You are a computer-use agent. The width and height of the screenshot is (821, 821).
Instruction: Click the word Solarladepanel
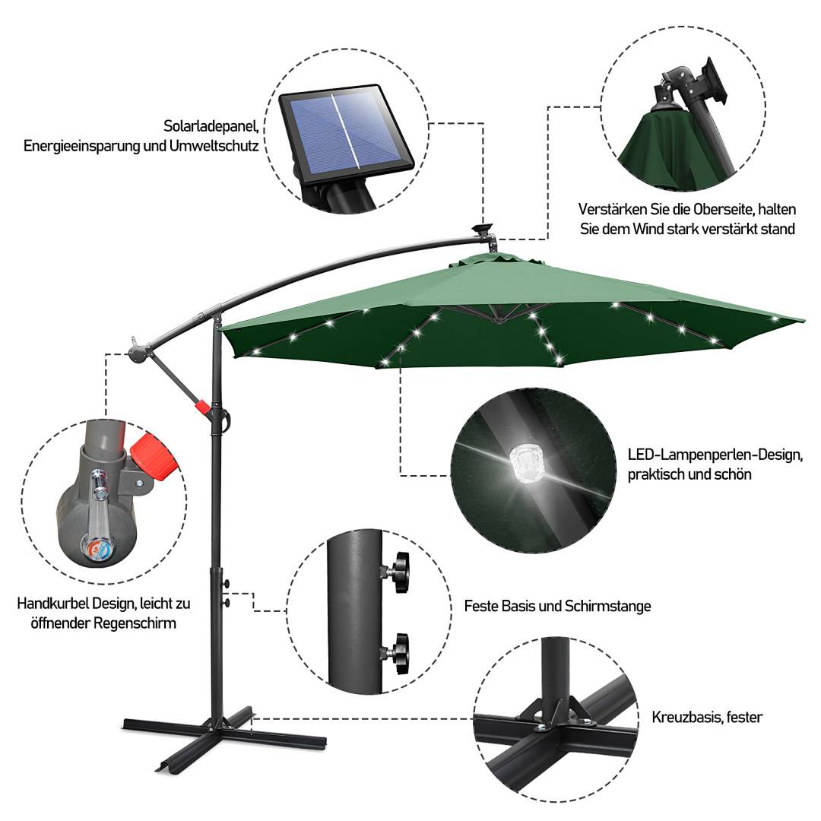211,125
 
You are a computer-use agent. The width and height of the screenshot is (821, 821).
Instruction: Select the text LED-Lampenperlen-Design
715,455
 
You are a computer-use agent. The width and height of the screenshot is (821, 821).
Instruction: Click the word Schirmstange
607,606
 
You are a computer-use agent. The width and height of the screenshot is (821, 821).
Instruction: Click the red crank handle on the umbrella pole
202,407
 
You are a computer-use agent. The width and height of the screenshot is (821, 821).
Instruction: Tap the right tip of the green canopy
800,320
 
